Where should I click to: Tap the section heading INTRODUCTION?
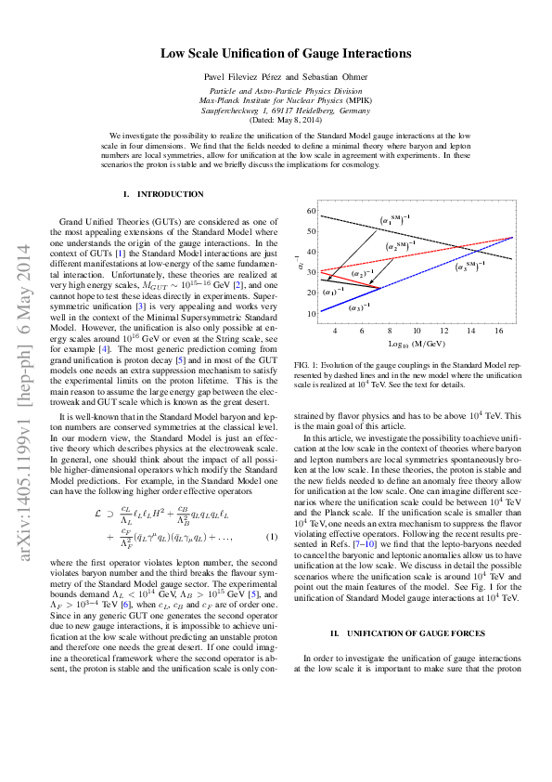[x=170, y=194]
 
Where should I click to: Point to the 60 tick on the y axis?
[x=312, y=212]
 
